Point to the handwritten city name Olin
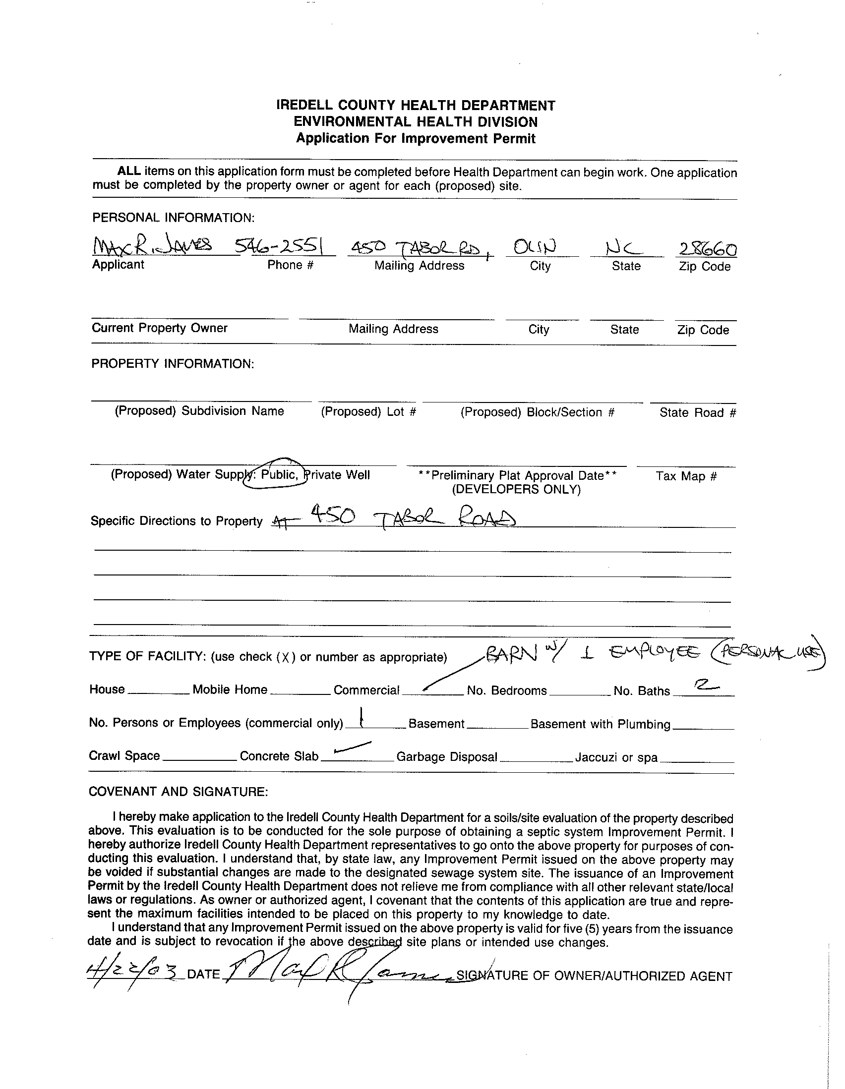click(x=535, y=247)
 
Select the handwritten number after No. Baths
click(x=705, y=687)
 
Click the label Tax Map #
click(x=686, y=476)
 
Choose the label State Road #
click(x=697, y=413)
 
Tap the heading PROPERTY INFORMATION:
click(x=173, y=363)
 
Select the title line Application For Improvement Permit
click(x=416, y=139)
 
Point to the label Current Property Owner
click(x=160, y=328)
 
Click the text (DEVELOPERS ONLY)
click(x=516, y=489)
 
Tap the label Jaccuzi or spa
click(x=616, y=758)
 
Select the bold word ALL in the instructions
click(x=129, y=171)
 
